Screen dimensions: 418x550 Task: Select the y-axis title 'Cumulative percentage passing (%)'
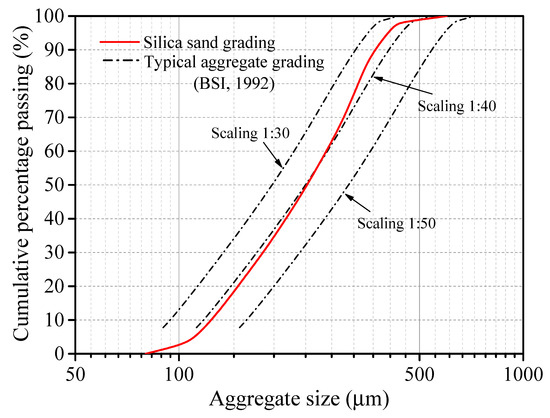[x=20, y=185]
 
